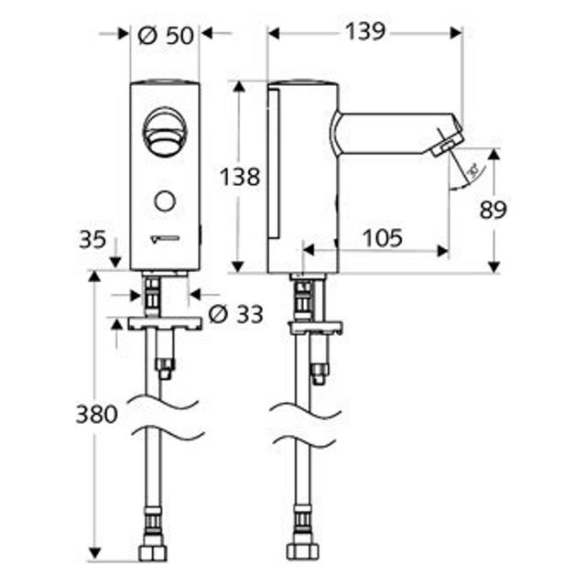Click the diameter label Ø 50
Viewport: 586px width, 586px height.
pyautogui.click(x=167, y=35)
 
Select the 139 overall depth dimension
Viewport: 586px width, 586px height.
pyautogui.click(x=365, y=32)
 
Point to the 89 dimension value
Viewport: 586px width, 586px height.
pyautogui.click(x=493, y=211)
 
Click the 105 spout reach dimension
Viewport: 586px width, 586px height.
pyautogui.click(x=380, y=238)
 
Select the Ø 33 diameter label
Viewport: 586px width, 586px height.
pyautogui.click(x=235, y=315)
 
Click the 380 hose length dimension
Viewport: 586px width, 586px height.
pyautogui.click(x=96, y=414)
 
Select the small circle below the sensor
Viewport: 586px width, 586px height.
pyautogui.click(x=165, y=201)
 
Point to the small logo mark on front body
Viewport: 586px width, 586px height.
pyautogui.click(x=165, y=241)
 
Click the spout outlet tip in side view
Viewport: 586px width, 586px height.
pyautogui.click(x=446, y=144)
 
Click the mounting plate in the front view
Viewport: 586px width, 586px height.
pyautogui.click(x=165, y=323)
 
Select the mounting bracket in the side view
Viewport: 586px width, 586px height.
pyautogui.click(x=315, y=327)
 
